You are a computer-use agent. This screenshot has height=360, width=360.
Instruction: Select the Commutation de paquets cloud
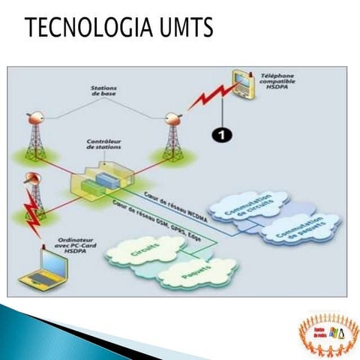click(x=300, y=229)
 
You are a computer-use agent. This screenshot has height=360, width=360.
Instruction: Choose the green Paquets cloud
click(x=196, y=271)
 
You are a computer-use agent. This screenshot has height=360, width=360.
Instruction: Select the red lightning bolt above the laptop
click(x=32, y=206)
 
